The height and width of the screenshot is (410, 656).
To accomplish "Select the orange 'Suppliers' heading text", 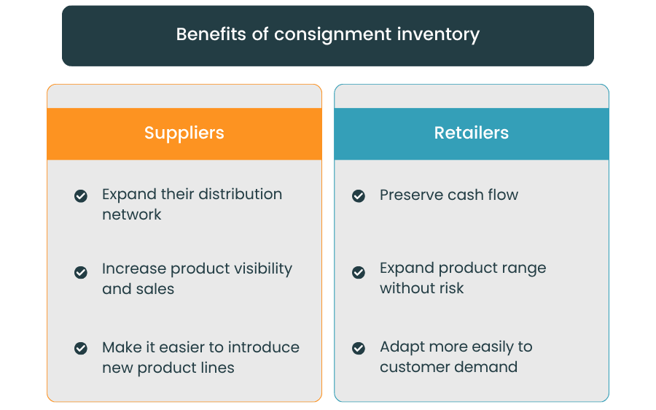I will pyautogui.click(x=184, y=133).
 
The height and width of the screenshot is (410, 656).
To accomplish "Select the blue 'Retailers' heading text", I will pyautogui.click(x=472, y=133).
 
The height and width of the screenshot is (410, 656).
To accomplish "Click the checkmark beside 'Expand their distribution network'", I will pyautogui.click(x=81, y=196).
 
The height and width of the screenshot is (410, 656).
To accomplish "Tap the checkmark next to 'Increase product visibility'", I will pyautogui.click(x=81, y=272).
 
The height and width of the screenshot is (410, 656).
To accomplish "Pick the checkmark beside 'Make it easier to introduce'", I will pyautogui.click(x=81, y=348).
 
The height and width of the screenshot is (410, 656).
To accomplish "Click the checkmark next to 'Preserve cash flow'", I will pyautogui.click(x=359, y=196).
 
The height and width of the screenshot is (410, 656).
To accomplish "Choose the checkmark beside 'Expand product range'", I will pyautogui.click(x=359, y=272).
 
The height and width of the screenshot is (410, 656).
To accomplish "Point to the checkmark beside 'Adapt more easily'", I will pyautogui.click(x=359, y=348).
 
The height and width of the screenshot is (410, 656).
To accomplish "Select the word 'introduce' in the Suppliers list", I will pyautogui.click(x=265, y=347).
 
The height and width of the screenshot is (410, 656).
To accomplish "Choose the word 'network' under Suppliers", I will pyautogui.click(x=132, y=214).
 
